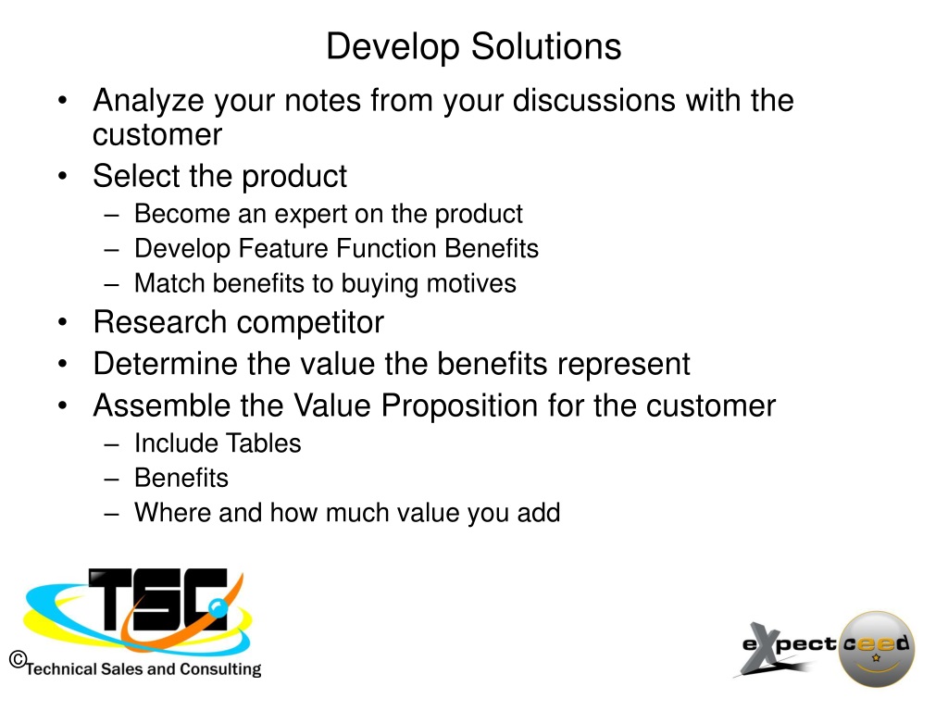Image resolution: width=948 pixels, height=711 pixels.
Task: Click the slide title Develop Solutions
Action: (473, 47)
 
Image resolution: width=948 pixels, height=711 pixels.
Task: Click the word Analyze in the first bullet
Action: (149, 101)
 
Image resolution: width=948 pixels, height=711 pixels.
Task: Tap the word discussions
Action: (593, 100)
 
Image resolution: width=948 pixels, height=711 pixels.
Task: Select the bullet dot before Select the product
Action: (62, 177)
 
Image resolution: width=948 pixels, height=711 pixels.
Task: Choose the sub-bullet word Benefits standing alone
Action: (181, 478)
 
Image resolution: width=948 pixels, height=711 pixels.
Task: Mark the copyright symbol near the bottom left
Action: (19, 658)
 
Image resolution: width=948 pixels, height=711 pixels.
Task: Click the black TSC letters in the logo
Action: (158, 599)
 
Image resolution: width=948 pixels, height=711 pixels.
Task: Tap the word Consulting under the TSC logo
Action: (220, 670)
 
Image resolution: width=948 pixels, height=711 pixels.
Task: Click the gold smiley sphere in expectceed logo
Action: (876, 649)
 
